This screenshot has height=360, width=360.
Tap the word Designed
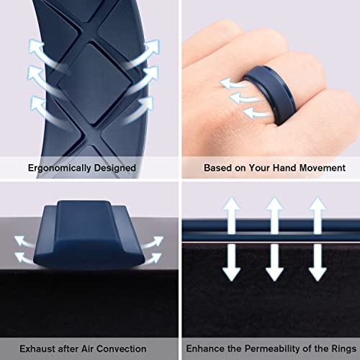pyautogui.click(x=117, y=168)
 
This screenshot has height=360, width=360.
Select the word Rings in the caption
pyautogui.click(x=335, y=348)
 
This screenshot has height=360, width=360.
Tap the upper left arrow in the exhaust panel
pyautogui.click(x=25, y=239)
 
